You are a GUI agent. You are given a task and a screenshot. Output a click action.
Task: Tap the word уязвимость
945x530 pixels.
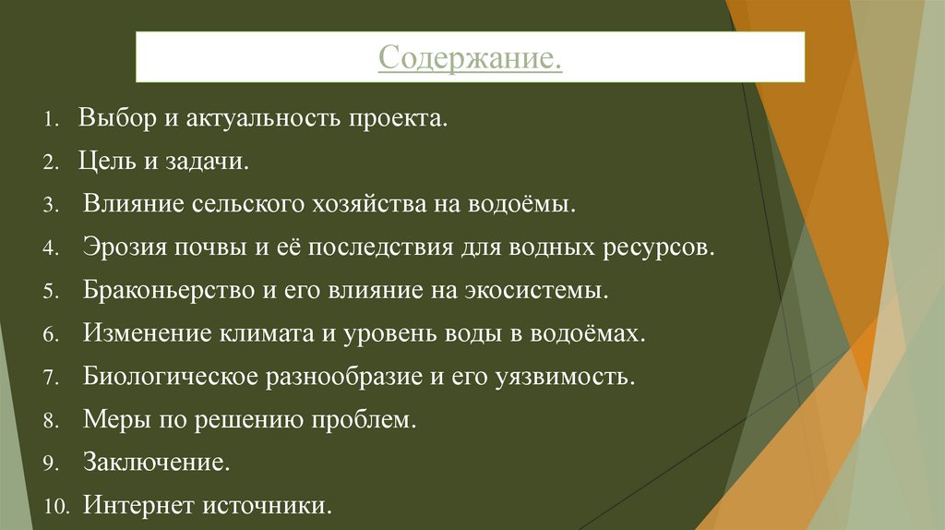[569, 377]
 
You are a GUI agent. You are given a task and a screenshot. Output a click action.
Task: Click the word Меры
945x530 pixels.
[110, 420]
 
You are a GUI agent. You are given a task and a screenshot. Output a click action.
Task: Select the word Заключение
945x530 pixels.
[156, 463]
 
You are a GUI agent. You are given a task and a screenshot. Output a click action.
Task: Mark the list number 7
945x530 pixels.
[50, 378]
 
